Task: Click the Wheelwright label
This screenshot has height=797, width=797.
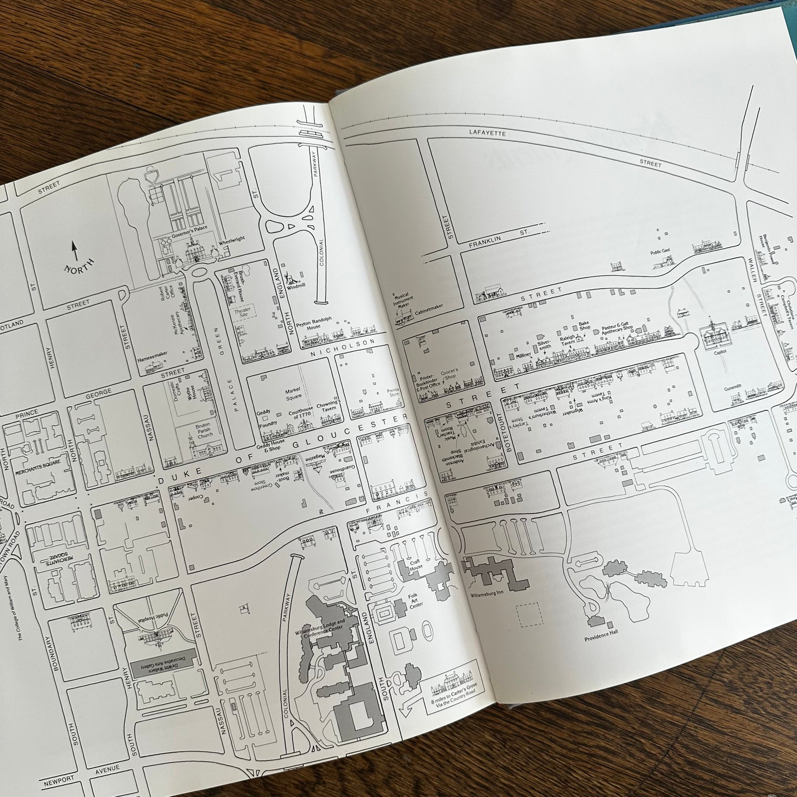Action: (232, 239)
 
